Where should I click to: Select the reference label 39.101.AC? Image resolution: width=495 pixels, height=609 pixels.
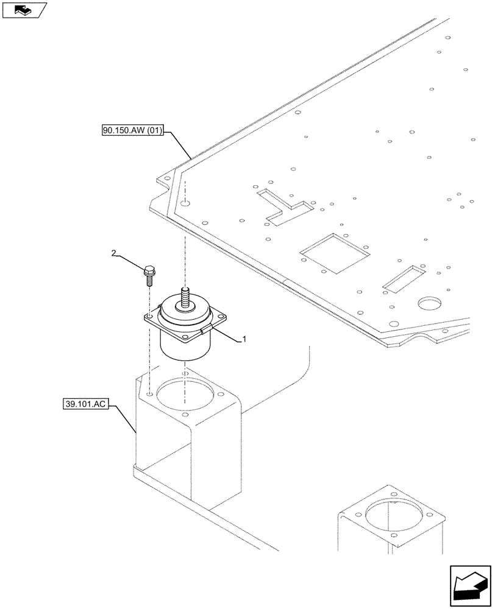tap(85, 404)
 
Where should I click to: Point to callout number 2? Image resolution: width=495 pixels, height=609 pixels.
tap(113, 253)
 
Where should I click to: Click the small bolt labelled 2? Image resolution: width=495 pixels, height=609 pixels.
tap(148, 276)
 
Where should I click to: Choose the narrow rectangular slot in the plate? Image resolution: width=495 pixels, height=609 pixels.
tap(404, 276)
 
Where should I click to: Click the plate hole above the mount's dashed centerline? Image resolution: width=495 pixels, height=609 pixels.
tap(185, 202)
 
